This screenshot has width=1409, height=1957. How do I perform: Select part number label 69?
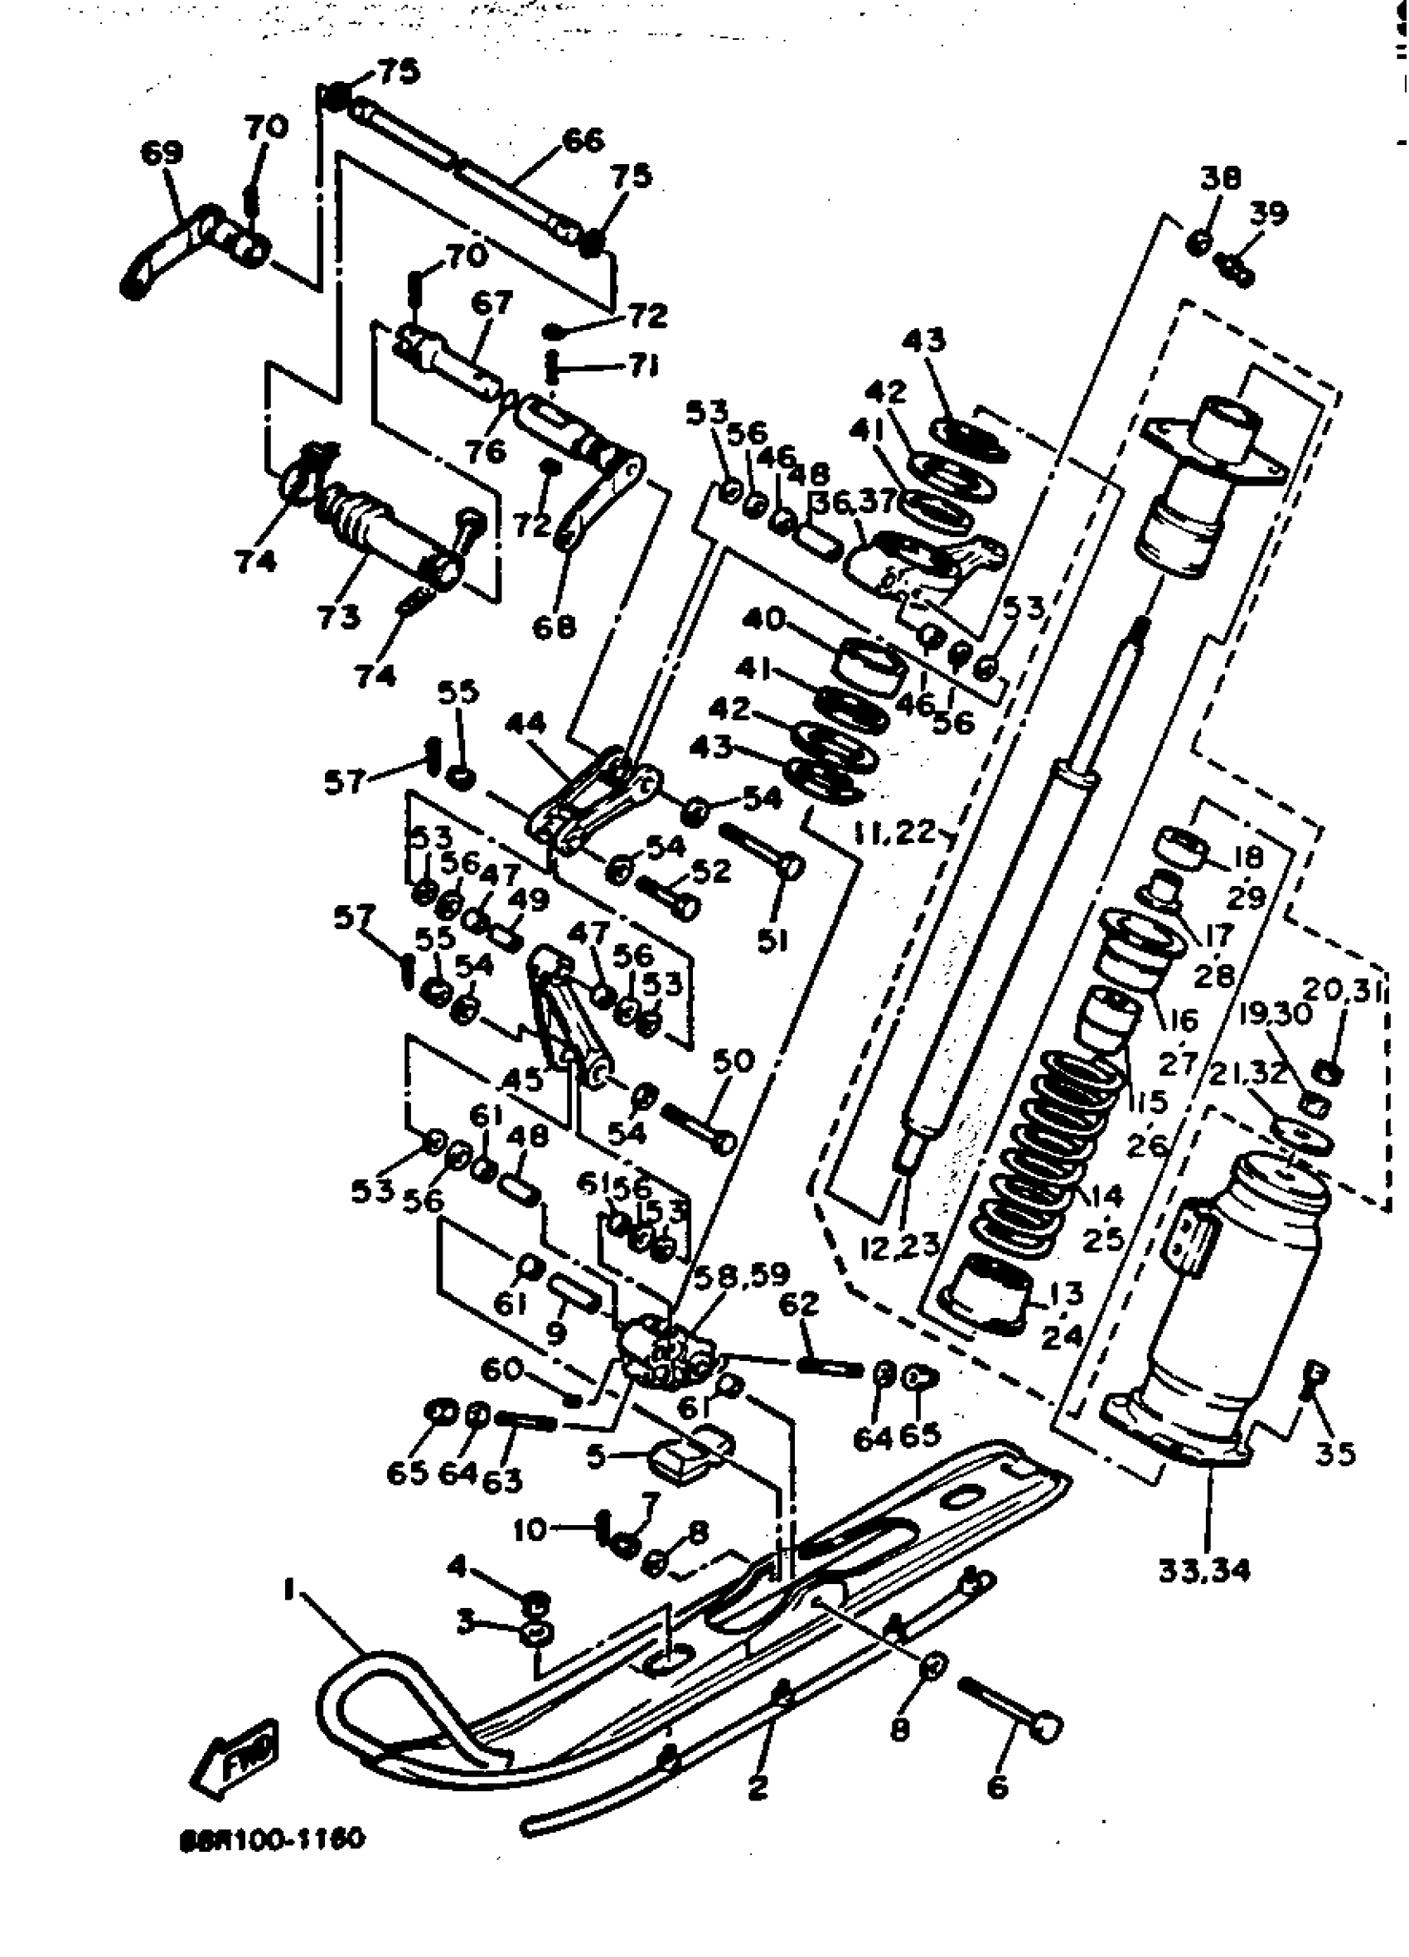point(162,153)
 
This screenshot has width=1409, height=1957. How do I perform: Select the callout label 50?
point(734,1062)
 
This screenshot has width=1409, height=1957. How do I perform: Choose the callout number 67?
point(491,303)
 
